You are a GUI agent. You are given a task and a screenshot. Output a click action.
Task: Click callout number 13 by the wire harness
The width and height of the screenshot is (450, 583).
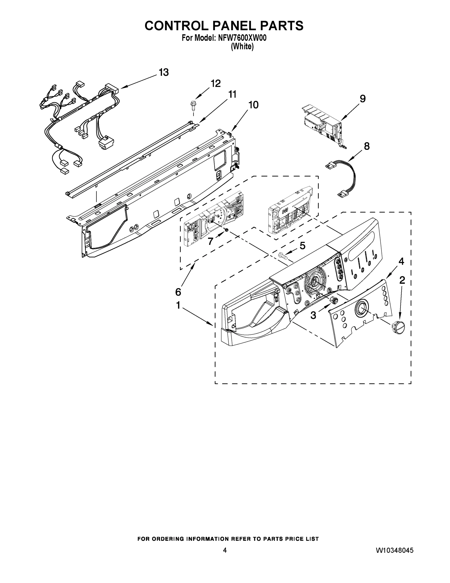click(164, 72)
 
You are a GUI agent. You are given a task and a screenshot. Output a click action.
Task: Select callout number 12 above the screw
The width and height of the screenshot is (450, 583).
click(215, 84)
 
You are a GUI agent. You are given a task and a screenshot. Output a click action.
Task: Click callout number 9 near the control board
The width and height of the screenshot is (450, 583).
click(363, 99)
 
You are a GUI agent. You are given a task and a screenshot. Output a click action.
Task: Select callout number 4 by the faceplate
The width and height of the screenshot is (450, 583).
click(401, 261)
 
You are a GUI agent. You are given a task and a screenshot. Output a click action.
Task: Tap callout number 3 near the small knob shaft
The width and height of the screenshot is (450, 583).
click(313, 316)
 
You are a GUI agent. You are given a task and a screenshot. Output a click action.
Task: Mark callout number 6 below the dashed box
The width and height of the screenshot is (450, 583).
click(178, 292)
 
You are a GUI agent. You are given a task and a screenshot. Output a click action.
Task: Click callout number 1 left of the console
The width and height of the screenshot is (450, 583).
click(178, 305)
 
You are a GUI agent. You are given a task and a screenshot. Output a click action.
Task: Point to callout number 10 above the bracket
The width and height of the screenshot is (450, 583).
click(253, 105)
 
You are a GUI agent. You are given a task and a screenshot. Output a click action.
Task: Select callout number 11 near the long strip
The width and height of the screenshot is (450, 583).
click(232, 94)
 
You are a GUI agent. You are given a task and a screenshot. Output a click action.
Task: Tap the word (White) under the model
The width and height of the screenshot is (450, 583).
click(242, 46)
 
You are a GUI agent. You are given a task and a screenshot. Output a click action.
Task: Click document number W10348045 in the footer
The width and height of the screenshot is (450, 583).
click(394, 550)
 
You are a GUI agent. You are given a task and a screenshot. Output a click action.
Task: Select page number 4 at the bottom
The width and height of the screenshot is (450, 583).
click(225, 550)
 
